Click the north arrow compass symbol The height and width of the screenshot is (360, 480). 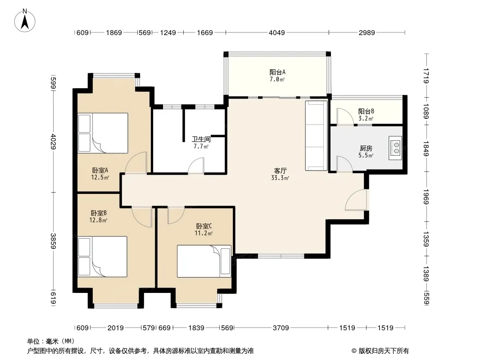point(25,20)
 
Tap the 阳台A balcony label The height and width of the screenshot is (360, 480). point(277,72)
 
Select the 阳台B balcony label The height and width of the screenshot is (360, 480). point(366,111)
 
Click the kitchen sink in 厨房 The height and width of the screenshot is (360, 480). point(395,148)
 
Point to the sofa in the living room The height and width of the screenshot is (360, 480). point(316,136)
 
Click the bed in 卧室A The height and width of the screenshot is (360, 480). point(103,133)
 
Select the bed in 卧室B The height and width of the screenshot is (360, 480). point(103,256)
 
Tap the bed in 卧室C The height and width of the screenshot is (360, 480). point(204,261)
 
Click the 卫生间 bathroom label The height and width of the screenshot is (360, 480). point(201,139)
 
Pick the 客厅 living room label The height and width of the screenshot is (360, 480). point(280,171)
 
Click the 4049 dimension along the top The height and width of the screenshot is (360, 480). point(277,32)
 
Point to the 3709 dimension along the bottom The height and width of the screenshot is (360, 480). point(281,328)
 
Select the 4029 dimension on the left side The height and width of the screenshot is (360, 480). point(54,141)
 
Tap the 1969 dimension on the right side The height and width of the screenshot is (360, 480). point(426,197)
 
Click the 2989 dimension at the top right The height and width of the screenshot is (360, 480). point(367,32)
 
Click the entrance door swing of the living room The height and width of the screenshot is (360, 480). point(357,200)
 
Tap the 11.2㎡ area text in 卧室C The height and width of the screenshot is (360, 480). point(204,234)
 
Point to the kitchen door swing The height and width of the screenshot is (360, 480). point(344,164)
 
